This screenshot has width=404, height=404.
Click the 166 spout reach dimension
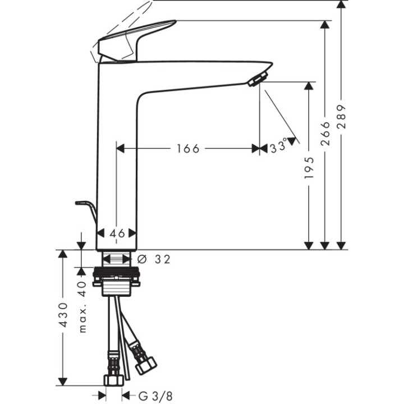pyautogui.click(x=188, y=149)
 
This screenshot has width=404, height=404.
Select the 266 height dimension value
pyautogui.click(x=325, y=134)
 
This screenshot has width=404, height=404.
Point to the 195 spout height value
pyautogui.click(x=309, y=168)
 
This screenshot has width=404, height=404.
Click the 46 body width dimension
pyautogui.click(x=117, y=233)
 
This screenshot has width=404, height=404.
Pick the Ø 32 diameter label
pyautogui.click(x=153, y=259)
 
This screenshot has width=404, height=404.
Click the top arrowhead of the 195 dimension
pyautogui.click(x=309, y=86)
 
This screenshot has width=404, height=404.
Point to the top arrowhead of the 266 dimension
pyautogui.click(x=324, y=25)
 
